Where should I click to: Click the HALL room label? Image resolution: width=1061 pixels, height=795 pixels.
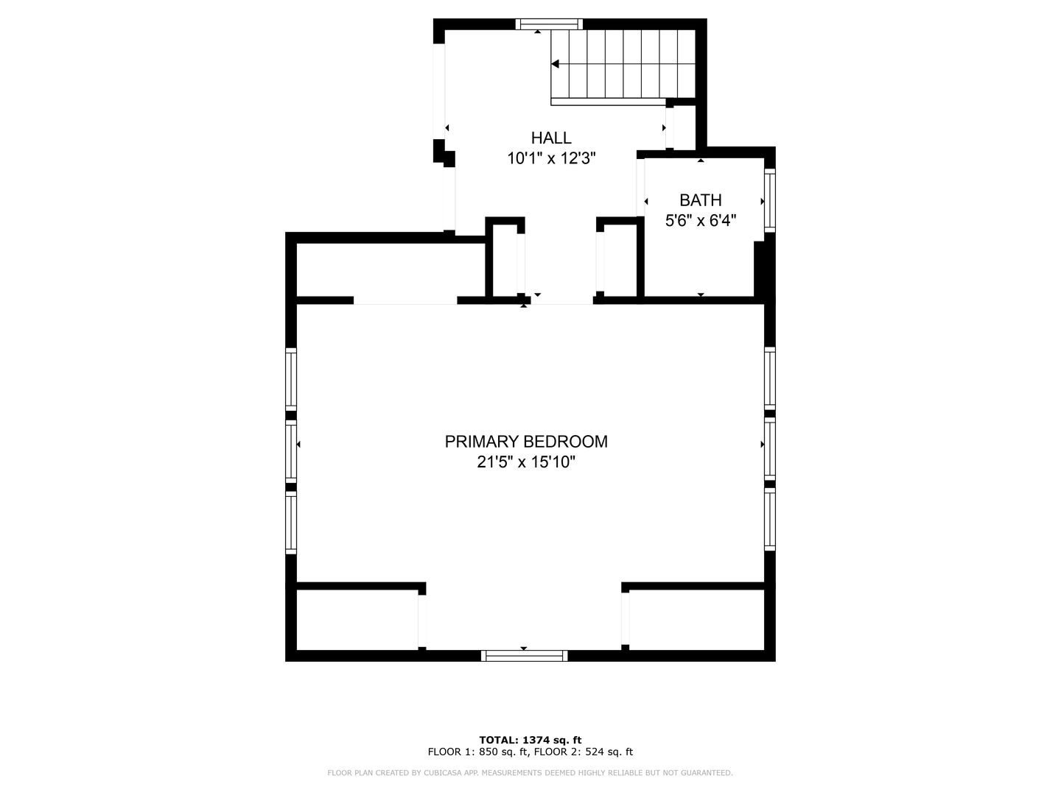click(551, 138)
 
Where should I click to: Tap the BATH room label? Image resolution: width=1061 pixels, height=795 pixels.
click(701, 199)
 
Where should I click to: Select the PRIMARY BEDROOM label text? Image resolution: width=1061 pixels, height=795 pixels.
click(526, 442)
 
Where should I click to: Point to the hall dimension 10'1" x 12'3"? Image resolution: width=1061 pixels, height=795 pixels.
click(551, 158)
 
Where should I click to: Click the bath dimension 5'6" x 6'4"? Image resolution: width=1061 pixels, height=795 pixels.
click(701, 221)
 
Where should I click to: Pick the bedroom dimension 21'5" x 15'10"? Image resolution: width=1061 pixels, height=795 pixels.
click(526, 462)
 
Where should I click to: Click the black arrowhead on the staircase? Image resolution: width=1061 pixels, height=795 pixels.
click(556, 64)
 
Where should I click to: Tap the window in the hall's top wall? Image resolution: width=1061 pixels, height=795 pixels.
click(549, 24)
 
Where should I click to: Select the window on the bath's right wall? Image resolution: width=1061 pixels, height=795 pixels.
click(769, 200)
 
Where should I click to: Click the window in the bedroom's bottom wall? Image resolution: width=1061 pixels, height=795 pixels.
click(525, 655)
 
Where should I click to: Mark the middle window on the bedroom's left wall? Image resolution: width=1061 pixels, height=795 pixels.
click(290, 451)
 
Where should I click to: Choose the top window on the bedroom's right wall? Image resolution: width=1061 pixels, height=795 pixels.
click(769, 378)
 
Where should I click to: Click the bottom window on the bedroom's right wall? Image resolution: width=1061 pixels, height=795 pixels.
click(769, 519)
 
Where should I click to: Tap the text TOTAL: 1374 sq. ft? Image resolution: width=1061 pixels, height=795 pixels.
click(530, 740)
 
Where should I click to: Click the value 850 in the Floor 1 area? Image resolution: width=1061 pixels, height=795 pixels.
click(487, 752)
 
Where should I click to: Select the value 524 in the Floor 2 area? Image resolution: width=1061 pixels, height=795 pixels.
click(593, 752)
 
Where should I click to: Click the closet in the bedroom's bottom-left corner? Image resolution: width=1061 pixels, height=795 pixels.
click(357, 620)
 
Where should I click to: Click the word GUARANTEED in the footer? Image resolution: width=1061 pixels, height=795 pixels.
click(708, 773)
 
